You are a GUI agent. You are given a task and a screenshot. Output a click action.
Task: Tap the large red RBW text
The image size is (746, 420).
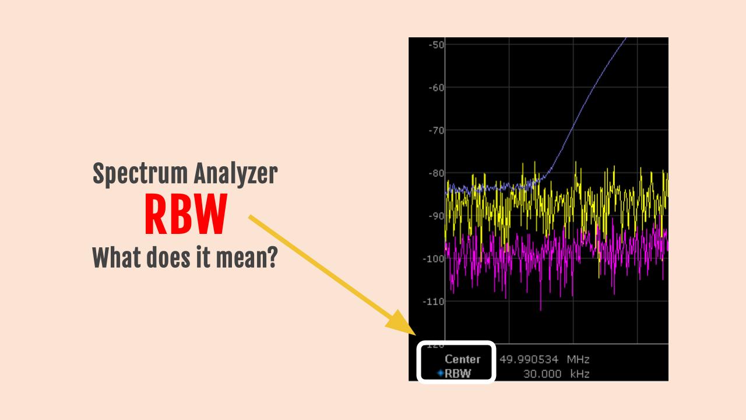coord(185,215)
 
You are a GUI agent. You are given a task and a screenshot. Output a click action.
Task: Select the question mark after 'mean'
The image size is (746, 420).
coord(271,257)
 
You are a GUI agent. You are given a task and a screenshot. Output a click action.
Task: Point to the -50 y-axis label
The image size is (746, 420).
coord(435,45)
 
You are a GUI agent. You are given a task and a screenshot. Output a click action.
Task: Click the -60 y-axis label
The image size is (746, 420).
coord(435,87)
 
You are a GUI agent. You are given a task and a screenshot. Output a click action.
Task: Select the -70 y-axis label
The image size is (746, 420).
coord(435,130)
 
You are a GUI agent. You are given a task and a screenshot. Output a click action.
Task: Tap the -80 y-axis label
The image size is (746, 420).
coord(435,173)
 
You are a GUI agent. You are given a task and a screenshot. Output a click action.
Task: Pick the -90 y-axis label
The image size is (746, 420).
coord(435,216)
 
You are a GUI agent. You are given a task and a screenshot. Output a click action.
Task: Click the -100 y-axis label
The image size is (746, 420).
coord(433,258)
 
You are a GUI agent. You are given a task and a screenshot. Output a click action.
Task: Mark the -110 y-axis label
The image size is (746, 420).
coord(433,301)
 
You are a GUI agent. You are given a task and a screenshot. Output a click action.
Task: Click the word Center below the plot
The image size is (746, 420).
coord(462,359)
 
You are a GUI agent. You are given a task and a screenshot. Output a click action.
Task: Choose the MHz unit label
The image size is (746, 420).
coord(578,359)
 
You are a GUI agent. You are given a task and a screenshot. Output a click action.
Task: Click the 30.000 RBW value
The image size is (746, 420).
coord(542,374)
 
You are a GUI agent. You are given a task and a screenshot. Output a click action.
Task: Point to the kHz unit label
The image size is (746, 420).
coord(578,374)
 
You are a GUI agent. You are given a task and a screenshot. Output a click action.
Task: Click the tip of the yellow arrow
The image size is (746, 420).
coord(387,330)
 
